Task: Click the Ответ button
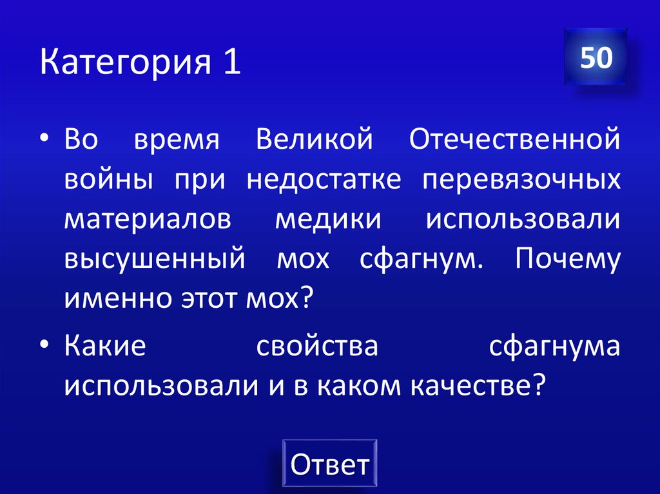point(329,464)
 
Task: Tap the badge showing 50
point(595,58)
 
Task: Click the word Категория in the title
point(123,64)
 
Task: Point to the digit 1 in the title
point(233,63)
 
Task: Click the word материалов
point(147,220)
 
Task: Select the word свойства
point(316,347)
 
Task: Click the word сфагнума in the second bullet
point(554,348)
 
